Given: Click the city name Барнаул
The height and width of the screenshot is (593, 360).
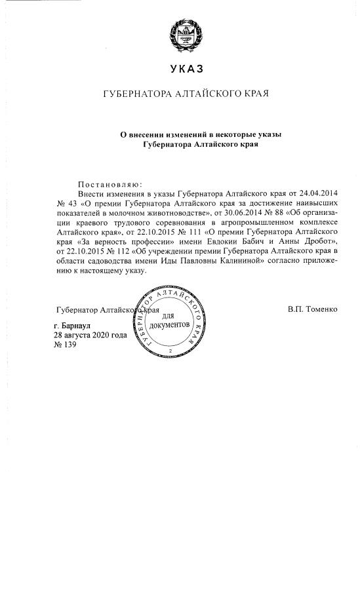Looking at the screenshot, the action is tap(77, 325).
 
